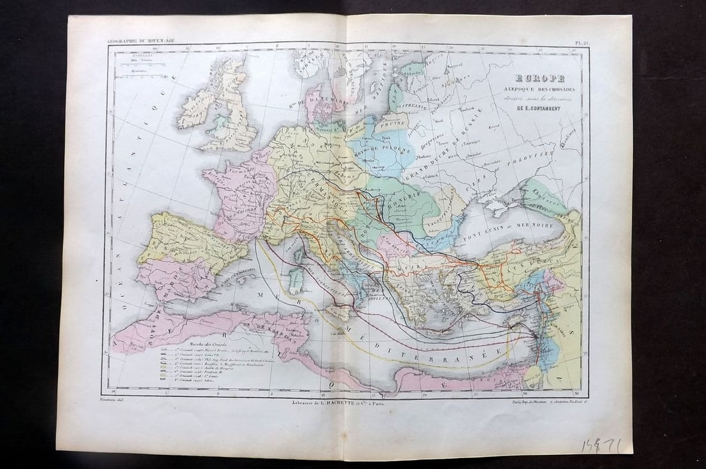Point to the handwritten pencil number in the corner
click(601, 445)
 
